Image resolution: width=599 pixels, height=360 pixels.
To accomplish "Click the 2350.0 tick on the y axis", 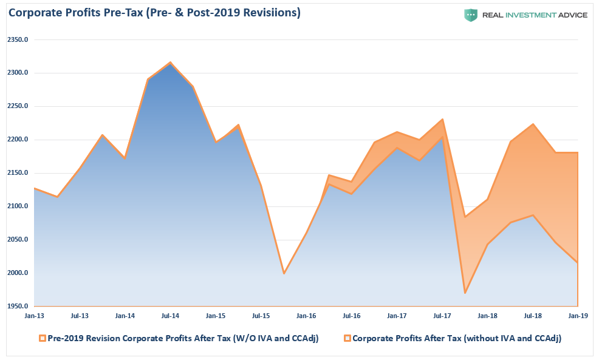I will tap(18, 40).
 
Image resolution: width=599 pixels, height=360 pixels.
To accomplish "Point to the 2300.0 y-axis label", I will tap(18, 73).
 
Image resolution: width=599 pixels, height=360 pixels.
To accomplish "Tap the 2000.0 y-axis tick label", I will tap(18, 273).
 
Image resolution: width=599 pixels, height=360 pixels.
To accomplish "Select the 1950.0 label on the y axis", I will tap(18, 307).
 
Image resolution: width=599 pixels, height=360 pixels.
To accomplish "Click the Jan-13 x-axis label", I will tap(34, 316).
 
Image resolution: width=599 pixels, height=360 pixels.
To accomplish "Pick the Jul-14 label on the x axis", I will tap(170, 316).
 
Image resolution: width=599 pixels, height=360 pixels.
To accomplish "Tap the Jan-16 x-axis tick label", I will tap(306, 316).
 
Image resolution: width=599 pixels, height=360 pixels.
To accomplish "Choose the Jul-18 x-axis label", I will tap(533, 316).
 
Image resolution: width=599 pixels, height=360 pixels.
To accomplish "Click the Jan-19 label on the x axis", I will tap(578, 316).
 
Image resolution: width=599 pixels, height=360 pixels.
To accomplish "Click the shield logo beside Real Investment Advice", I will tap(471, 15).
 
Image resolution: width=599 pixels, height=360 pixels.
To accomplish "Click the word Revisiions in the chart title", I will tap(267, 13).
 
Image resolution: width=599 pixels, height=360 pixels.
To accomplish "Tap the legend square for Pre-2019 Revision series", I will tap(42, 339).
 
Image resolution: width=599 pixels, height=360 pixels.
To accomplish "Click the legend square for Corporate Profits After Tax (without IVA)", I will tap(347, 339).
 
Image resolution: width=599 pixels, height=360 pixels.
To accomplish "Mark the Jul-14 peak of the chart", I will tap(170, 62).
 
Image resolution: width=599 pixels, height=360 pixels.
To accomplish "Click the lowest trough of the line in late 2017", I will tap(465, 293).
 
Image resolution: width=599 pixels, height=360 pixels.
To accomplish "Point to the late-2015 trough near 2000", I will tap(284, 273).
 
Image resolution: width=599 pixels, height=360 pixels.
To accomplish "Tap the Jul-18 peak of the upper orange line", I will tap(533, 124).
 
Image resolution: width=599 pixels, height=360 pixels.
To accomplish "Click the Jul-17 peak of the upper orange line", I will tap(442, 119).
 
